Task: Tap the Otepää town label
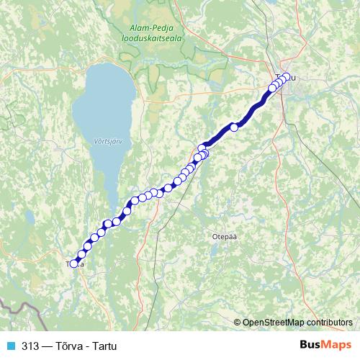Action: tap(225, 235)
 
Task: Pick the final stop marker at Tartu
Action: tap(287, 77)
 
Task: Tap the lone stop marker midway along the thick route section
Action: tap(233, 127)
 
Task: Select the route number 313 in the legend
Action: tap(31, 345)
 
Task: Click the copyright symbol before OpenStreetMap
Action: tap(238, 322)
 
